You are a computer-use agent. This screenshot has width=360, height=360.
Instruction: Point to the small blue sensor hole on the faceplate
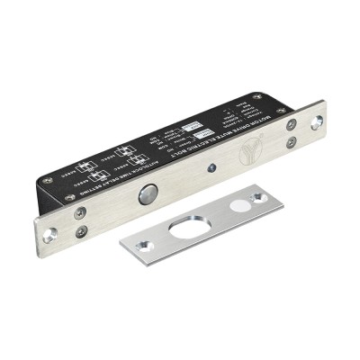tap(210, 166)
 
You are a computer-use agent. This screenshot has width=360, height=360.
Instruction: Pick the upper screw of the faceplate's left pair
tap(80, 212)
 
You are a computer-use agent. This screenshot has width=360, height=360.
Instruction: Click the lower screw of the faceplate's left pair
tap(82, 230)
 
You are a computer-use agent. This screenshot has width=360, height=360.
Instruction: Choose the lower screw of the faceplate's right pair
tap(292, 140)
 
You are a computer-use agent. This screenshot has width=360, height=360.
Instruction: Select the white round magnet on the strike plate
tap(240, 203)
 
